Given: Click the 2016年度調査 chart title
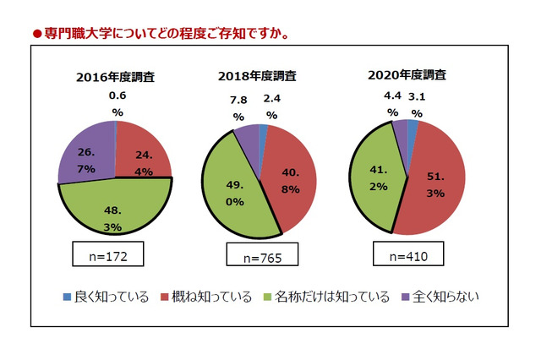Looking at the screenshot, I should pos(114,78).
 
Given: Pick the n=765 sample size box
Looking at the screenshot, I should pos(259,254).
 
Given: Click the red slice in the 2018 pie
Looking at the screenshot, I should pos(292,182).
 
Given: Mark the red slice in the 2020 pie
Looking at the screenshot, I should pos(435,186).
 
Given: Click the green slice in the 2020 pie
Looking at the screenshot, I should pos(376,182).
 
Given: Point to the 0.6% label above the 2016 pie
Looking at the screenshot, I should pos(117,104).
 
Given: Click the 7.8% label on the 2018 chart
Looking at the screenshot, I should pos(238,108).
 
